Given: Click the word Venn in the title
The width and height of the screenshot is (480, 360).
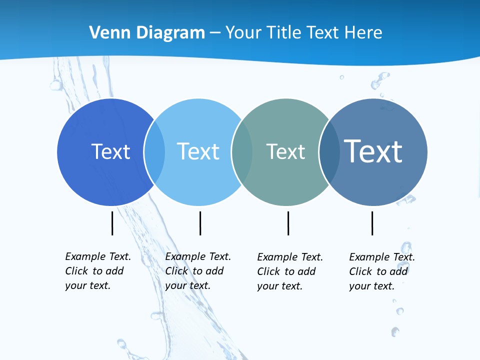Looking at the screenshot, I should (x=105, y=33).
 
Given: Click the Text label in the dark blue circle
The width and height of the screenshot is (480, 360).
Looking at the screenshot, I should (x=110, y=151).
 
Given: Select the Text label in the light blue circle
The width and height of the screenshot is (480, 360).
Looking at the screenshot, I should (x=198, y=151).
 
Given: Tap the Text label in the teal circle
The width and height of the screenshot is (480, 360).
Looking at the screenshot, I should (x=285, y=151).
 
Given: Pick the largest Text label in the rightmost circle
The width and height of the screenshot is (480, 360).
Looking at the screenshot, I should (x=373, y=151).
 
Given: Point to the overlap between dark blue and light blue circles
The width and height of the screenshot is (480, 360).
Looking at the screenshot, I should (x=154, y=152).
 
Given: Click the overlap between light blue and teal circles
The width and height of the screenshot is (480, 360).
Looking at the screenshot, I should (x=242, y=152).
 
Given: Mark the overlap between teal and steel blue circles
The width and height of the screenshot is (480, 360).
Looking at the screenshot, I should (x=329, y=152).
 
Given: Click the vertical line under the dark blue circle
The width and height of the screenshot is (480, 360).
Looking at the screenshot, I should (x=112, y=223).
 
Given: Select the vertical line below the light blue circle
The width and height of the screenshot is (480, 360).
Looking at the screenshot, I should (x=200, y=223).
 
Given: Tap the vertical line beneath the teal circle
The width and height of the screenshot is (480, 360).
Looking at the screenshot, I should (x=288, y=223).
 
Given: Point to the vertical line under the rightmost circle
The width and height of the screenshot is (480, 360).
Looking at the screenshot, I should (x=372, y=223).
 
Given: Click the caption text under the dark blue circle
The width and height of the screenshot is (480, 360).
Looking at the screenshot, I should (x=97, y=271).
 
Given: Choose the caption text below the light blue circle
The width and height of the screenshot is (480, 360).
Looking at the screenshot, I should (x=197, y=271).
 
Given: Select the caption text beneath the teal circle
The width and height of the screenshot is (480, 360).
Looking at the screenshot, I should (x=289, y=271).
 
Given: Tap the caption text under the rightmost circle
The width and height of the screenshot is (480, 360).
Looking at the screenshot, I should (x=381, y=271).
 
